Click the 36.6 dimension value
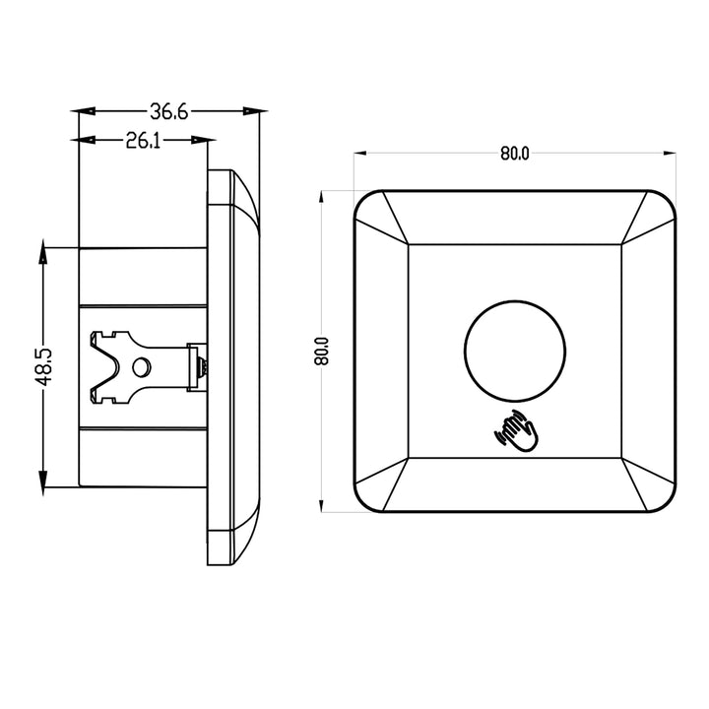point(169,112)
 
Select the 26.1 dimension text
point(144,142)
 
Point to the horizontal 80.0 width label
point(514,154)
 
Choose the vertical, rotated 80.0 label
point(321,351)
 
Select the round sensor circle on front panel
point(515,349)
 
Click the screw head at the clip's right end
point(201,366)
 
